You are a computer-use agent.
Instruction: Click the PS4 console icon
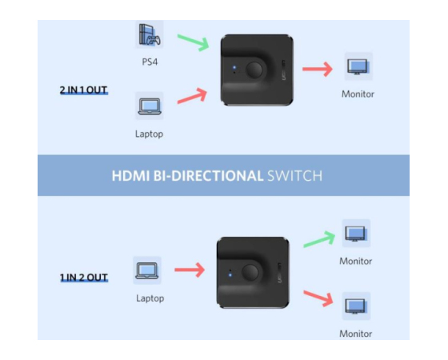tap(150, 34)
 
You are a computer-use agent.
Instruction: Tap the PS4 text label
tap(150, 62)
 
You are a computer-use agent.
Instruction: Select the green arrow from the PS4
tap(194, 42)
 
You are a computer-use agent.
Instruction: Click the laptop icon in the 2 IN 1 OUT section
tap(150, 106)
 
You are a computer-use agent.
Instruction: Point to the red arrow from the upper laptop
tap(192, 96)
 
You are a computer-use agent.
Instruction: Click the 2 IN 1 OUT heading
tap(83, 90)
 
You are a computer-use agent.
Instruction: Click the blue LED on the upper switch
tap(234, 67)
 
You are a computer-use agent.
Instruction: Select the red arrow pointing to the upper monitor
tap(318, 69)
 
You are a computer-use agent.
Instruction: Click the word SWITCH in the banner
tap(294, 176)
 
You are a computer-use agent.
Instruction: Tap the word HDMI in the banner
tap(130, 176)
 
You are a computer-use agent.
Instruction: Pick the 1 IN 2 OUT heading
tap(84, 278)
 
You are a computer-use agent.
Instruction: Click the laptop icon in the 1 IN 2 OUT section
tap(147, 270)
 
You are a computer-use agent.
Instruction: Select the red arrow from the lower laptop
tap(190, 270)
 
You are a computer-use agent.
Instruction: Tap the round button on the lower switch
tap(250, 272)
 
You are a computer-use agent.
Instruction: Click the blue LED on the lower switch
tap(230, 275)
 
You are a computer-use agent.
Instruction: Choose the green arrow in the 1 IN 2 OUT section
tap(319, 239)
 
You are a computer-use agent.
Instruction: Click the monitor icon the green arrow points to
tap(356, 234)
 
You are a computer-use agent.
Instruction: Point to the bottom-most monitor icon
tap(356, 306)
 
